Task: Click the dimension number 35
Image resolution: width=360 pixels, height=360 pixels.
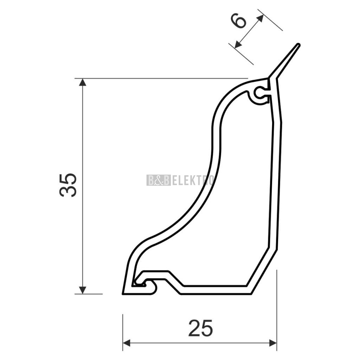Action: [68, 185]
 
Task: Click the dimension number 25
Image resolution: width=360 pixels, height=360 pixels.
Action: [201, 328]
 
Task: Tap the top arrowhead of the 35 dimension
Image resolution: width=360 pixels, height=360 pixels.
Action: [82, 82]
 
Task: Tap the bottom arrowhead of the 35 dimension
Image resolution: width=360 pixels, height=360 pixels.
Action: [82, 290]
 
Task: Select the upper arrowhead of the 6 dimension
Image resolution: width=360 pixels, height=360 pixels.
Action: [260, 18]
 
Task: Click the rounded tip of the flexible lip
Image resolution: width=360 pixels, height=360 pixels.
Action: [298, 45]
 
